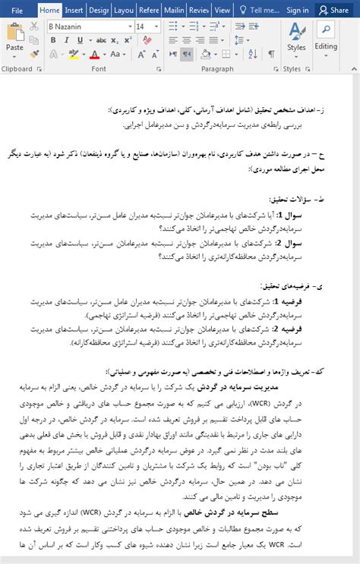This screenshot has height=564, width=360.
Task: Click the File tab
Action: coord(17,10)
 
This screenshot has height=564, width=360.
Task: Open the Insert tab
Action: coord(74,10)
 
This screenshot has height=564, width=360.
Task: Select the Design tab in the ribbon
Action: coord(99,10)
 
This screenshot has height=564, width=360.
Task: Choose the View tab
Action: coord(222,10)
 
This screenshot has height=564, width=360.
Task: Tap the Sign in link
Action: coord(298,10)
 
